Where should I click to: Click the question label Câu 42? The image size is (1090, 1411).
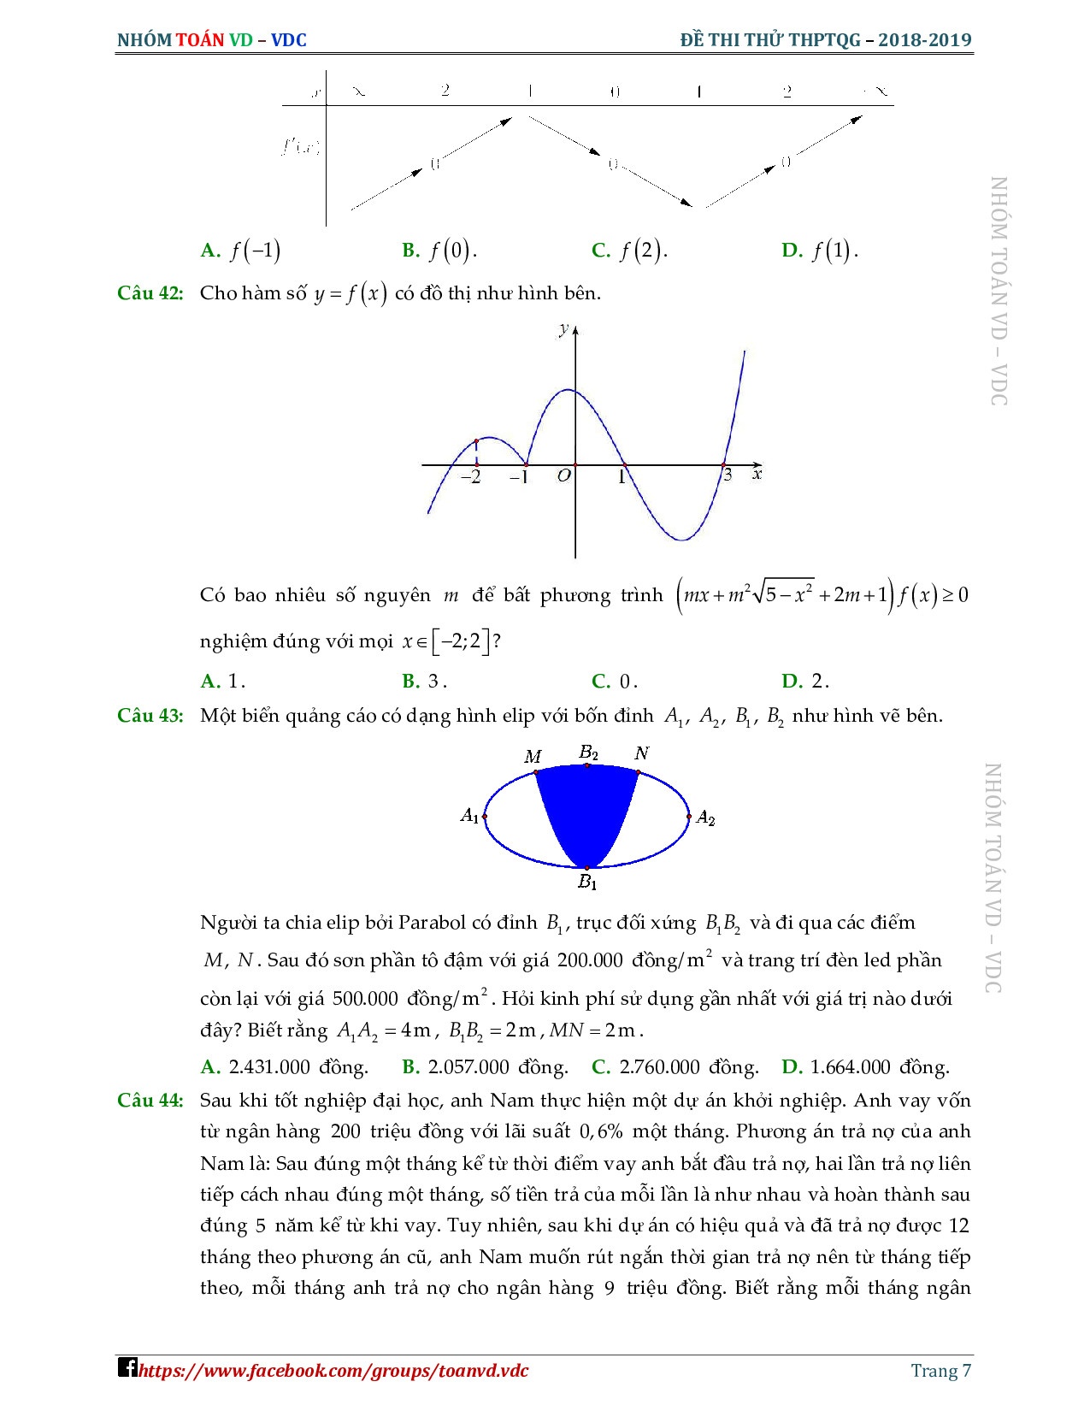click(150, 293)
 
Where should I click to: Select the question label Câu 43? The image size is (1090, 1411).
click(150, 716)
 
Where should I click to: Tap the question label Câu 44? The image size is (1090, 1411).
click(150, 1101)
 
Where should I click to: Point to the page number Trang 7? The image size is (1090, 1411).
click(940, 1371)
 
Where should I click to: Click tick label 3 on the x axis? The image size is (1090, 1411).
click(728, 475)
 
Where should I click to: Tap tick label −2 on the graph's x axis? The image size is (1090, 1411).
click(471, 478)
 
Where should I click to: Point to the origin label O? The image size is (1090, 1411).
click(563, 476)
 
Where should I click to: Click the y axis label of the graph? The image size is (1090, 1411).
click(563, 328)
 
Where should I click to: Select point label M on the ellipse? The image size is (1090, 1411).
click(533, 757)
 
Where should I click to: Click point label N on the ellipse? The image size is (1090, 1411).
click(642, 753)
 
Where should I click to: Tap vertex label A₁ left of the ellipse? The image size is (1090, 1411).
click(469, 816)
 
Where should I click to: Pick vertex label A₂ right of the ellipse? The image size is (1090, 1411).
click(705, 818)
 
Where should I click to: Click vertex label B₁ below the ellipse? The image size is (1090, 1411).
click(587, 882)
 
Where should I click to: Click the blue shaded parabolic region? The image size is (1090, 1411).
click(587, 812)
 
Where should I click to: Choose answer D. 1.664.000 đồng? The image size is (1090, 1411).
click(865, 1067)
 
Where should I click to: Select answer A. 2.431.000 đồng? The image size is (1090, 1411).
click(285, 1067)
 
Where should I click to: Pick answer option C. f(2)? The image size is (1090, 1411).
click(629, 251)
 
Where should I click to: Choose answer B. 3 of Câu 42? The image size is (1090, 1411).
click(425, 682)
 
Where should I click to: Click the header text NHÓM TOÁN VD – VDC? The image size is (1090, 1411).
click(212, 40)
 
